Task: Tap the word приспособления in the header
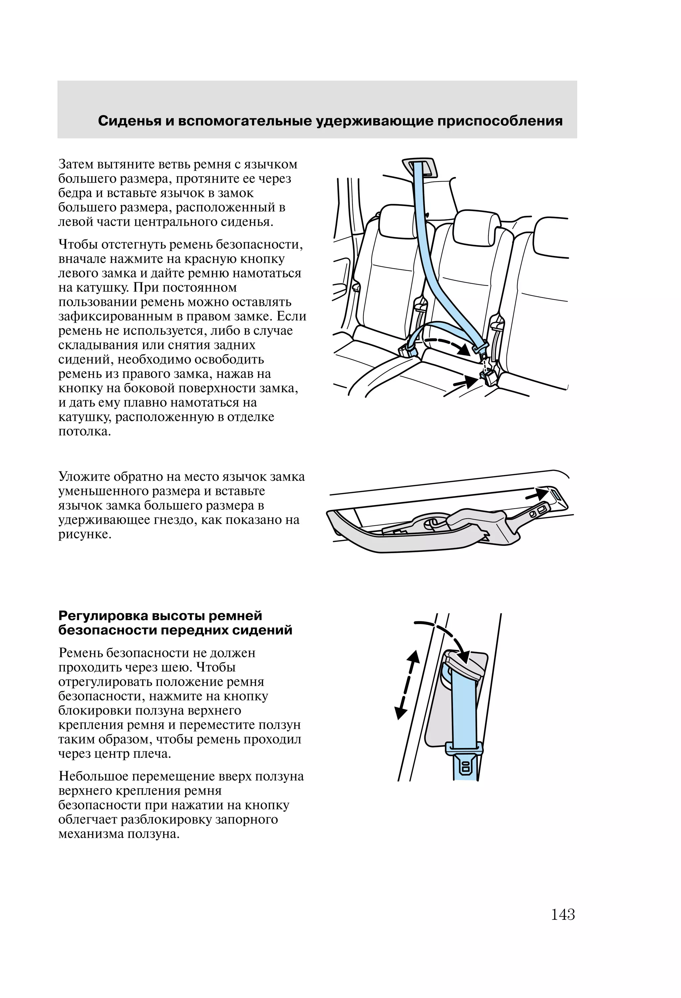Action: [x=500, y=121]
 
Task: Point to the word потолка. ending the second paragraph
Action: [x=84, y=431]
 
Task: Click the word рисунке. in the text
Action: [x=85, y=534]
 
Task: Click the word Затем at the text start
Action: [x=75, y=165]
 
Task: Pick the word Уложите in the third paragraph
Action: [x=83, y=477]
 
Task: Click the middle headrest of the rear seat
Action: [x=477, y=223]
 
